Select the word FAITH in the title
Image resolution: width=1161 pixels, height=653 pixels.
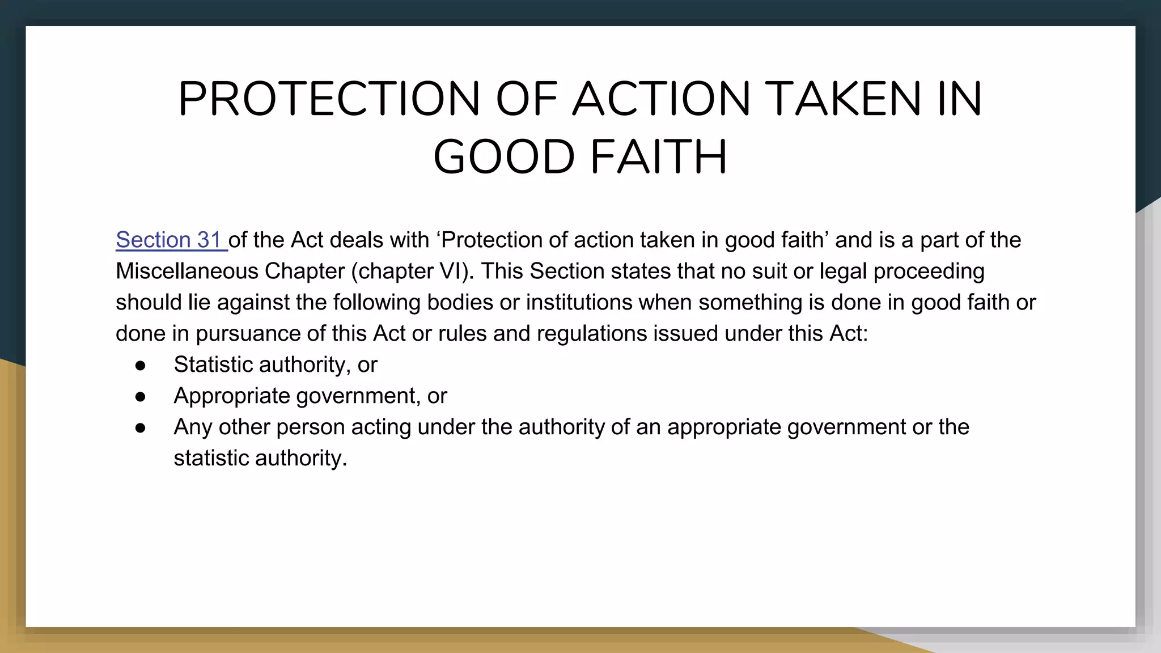(x=659, y=157)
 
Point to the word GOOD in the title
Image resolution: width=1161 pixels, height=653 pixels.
(x=504, y=157)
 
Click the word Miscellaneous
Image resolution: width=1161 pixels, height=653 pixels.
(x=187, y=272)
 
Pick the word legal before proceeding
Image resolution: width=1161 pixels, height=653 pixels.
(x=843, y=272)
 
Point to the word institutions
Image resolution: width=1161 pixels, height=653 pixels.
(x=579, y=303)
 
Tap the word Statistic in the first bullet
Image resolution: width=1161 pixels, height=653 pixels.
(x=213, y=365)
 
